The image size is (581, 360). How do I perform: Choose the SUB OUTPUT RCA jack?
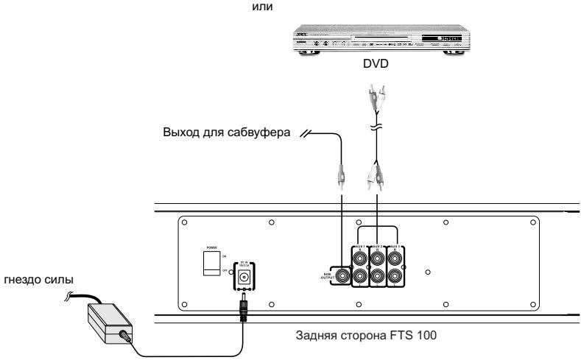pyautogui.click(x=343, y=277)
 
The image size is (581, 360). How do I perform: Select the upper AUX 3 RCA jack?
pyautogui.click(x=396, y=258)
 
